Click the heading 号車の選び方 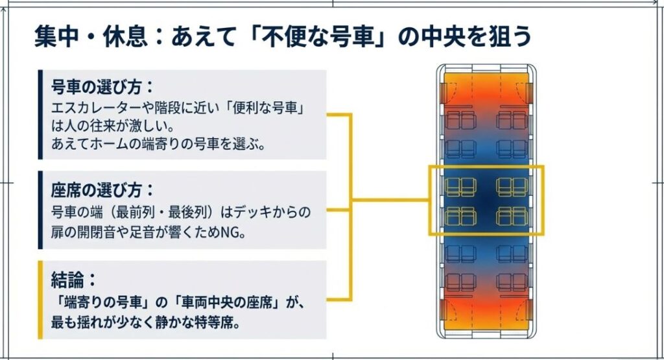tap(101, 86)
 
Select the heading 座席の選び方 tap(101, 190)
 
